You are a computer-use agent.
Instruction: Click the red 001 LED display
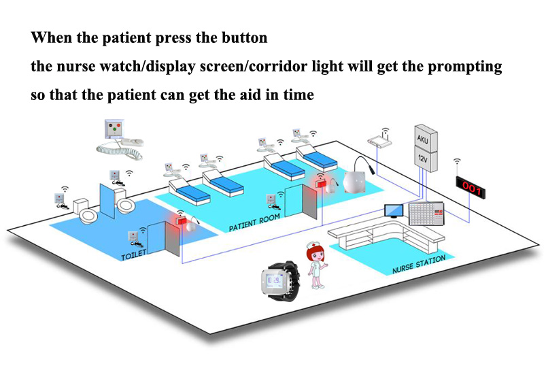tap(470, 184)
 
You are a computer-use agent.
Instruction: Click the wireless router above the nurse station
tap(381, 140)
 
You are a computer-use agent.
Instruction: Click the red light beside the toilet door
tap(180, 221)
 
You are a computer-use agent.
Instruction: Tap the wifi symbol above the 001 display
tap(458, 163)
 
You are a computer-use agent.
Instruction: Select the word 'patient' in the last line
tap(126, 95)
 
